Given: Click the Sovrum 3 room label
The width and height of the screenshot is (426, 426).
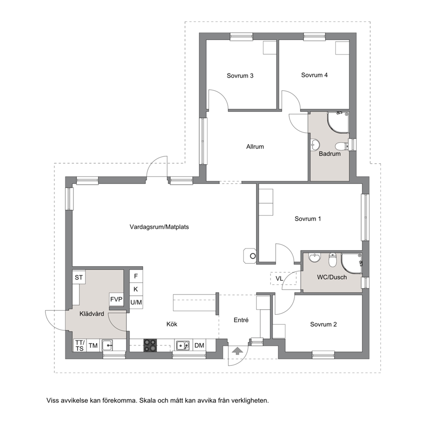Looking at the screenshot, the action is (x=240, y=76).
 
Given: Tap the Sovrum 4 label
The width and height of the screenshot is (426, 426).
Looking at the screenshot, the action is (x=314, y=75).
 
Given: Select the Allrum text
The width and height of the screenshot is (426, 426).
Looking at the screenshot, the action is (x=255, y=147).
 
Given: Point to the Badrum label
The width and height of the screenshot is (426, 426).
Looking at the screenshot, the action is (x=329, y=154).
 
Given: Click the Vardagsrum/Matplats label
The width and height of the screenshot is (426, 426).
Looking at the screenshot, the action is (x=159, y=227).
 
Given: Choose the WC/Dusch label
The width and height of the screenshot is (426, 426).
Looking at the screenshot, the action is (x=332, y=277).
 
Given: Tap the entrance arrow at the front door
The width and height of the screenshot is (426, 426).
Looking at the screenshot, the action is (x=238, y=351).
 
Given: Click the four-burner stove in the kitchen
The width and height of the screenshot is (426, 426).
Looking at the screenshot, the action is (x=150, y=346).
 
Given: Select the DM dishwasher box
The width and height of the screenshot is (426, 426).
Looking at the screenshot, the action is (x=199, y=345).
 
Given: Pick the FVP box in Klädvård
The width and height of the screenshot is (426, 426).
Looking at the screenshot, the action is (x=116, y=299).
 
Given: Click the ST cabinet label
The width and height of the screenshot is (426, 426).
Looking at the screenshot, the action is (x=79, y=277).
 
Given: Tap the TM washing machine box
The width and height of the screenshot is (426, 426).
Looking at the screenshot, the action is (x=93, y=345).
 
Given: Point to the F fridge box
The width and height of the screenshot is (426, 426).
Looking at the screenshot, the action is (x=136, y=276).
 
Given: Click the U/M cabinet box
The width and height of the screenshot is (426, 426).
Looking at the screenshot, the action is (x=136, y=302).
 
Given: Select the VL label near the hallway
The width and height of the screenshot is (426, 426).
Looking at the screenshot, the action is (x=279, y=279).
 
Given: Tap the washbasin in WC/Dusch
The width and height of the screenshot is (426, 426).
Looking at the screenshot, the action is (x=315, y=257).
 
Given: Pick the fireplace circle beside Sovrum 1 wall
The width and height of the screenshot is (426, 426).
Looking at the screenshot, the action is (x=253, y=256).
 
